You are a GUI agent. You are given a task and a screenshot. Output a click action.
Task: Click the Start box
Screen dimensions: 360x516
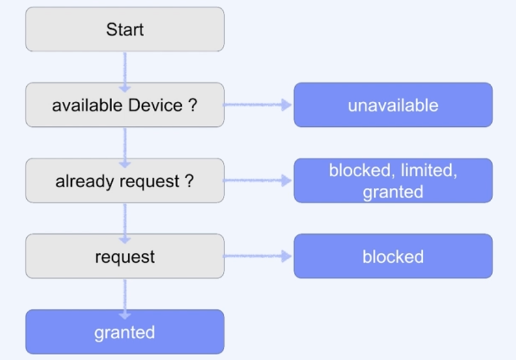point(125,29)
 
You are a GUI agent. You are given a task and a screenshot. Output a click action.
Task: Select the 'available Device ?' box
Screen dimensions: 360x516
point(125,105)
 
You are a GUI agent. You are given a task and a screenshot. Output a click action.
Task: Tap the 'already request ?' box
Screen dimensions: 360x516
point(125,181)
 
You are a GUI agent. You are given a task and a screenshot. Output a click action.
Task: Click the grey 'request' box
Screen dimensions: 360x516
point(125,256)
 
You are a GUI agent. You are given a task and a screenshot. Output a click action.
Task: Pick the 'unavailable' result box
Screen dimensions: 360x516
point(393,105)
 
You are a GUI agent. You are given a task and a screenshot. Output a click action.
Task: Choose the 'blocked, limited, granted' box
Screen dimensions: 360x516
point(393,181)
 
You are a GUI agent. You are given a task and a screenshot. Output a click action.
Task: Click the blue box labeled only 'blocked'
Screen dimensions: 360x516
point(393,256)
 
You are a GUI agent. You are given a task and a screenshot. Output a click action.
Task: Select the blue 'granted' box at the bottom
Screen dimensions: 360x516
point(125,332)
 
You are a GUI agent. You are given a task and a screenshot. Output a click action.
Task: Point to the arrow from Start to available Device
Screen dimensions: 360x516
point(125,67)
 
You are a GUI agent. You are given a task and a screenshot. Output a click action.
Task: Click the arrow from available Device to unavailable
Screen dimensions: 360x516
point(259,105)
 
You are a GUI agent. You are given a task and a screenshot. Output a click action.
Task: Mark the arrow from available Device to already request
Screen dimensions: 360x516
point(125,143)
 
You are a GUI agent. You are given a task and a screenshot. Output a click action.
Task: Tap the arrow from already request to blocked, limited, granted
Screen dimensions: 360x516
point(259,181)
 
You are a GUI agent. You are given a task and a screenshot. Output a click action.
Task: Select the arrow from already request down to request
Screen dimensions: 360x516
point(125,219)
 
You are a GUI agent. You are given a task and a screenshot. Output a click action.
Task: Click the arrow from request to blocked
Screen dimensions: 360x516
point(259,256)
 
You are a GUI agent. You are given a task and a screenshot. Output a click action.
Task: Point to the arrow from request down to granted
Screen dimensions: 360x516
point(125,295)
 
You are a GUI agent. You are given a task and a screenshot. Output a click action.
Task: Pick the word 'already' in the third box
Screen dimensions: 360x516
point(79,181)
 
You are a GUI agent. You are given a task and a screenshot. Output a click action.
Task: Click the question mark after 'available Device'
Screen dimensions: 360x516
point(193,105)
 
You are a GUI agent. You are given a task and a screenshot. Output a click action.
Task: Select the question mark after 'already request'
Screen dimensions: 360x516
point(190,181)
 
